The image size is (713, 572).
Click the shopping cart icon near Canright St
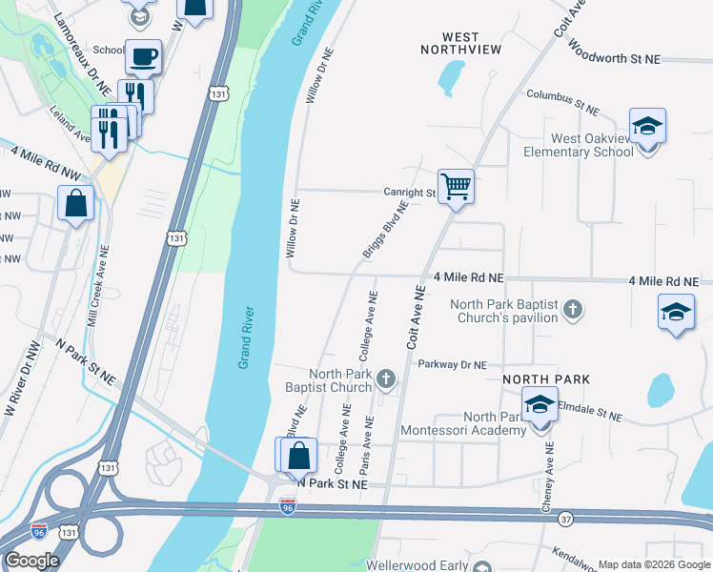[457, 188]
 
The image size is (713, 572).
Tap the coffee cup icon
[143, 57]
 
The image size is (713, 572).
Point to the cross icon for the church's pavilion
[572, 309]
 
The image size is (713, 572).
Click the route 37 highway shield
[566, 519]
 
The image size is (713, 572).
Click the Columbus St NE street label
[562, 103]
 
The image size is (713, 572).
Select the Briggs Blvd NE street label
[384, 229]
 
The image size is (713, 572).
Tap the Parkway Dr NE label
[454, 365]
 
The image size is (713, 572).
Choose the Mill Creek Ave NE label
[98, 286]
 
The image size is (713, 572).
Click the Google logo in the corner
[31, 560]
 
